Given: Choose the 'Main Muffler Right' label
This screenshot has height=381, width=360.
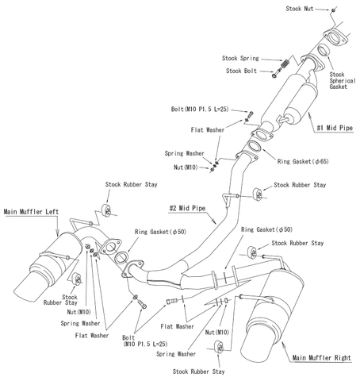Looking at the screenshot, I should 320,358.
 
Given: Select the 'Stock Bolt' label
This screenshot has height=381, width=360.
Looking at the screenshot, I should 243,71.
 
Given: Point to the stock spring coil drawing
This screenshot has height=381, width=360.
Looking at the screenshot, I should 282,61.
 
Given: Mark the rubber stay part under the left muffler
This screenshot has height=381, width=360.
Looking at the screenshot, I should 77,278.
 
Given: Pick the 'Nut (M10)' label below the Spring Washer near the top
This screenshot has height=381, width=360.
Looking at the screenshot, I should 190,168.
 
